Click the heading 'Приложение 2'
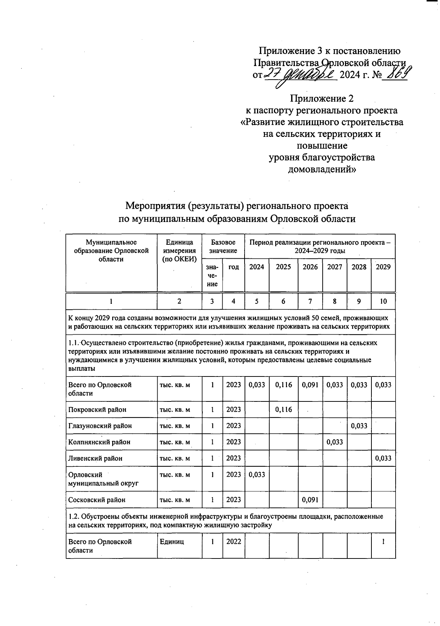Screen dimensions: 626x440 pos(322,99)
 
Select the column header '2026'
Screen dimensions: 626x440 pos(310,267)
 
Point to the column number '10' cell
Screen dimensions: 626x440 pos(383,302)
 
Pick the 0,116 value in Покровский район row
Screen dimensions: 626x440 pos(283,410)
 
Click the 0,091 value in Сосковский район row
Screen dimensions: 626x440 pos(310,499)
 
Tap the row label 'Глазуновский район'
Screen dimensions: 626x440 pos(100,426)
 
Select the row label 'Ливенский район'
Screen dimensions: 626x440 pos(95,458)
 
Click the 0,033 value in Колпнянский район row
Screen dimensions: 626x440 pos(335,442)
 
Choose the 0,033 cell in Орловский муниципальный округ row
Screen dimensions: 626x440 pos(257,474)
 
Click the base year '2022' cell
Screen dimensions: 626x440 pos(234,542)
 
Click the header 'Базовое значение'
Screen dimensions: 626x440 pos(223,247)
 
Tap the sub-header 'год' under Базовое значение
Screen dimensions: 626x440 pos(234,267)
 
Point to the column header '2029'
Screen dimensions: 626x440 pos(383,267)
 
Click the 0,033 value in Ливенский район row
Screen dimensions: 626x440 pos(383,458)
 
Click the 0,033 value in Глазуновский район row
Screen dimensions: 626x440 pos(359,426)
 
